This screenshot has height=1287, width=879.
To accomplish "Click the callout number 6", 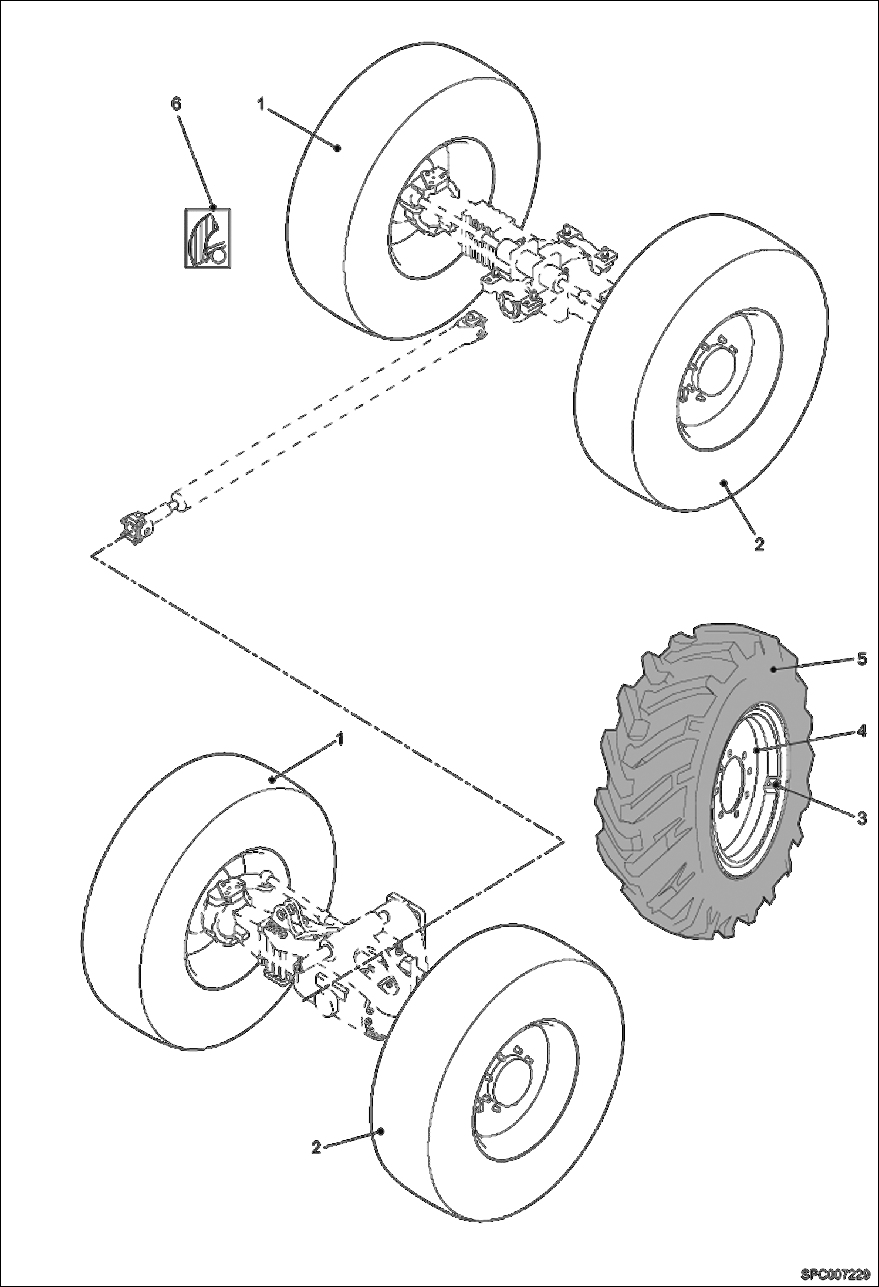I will point(176,104).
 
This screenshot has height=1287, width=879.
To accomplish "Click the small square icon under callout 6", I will point(208,239).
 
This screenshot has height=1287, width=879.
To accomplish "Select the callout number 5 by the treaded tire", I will point(861,659).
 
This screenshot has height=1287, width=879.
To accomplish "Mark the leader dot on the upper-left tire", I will point(337,148).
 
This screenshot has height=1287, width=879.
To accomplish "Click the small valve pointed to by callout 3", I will point(773,783).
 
